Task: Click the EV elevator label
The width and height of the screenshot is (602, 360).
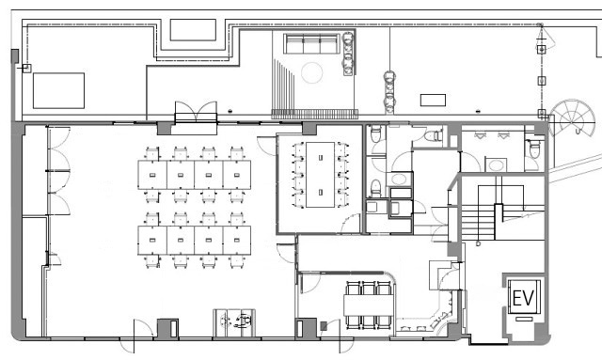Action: (x=523, y=298)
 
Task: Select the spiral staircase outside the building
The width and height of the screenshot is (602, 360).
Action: (x=572, y=117)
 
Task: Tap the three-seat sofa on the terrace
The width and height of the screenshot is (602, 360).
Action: (x=311, y=44)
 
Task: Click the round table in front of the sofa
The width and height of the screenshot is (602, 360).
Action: (x=311, y=73)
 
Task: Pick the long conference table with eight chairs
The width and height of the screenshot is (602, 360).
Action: (x=320, y=175)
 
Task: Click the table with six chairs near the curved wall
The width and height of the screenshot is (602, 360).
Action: (x=369, y=305)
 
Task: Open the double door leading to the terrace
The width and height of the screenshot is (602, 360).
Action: (x=196, y=112)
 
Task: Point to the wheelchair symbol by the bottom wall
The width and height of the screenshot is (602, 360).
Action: (x=245, y=321)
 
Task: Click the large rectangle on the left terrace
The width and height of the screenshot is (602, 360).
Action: (x=58, y=90)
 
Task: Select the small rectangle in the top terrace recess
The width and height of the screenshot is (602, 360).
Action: (x=193, y=30)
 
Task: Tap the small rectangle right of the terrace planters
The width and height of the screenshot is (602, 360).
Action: (x=433, y=101)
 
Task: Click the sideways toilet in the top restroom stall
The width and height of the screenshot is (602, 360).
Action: (x=434, y=135)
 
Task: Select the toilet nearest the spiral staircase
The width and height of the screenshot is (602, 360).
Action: (x=534, y=149)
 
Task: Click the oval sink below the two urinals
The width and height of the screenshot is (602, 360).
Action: (x=496, y=165)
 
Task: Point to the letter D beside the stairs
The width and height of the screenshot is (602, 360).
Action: (x=479, y=243)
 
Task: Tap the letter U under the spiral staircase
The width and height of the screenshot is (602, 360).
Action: (x=577, y=132)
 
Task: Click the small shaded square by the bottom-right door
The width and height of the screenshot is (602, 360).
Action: (x=324, y=326)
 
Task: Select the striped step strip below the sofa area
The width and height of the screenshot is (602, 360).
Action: (x=315, y=114)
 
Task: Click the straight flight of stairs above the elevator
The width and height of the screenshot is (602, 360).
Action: (x=478, y=223)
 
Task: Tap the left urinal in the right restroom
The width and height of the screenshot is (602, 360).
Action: (x=480, y=135)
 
